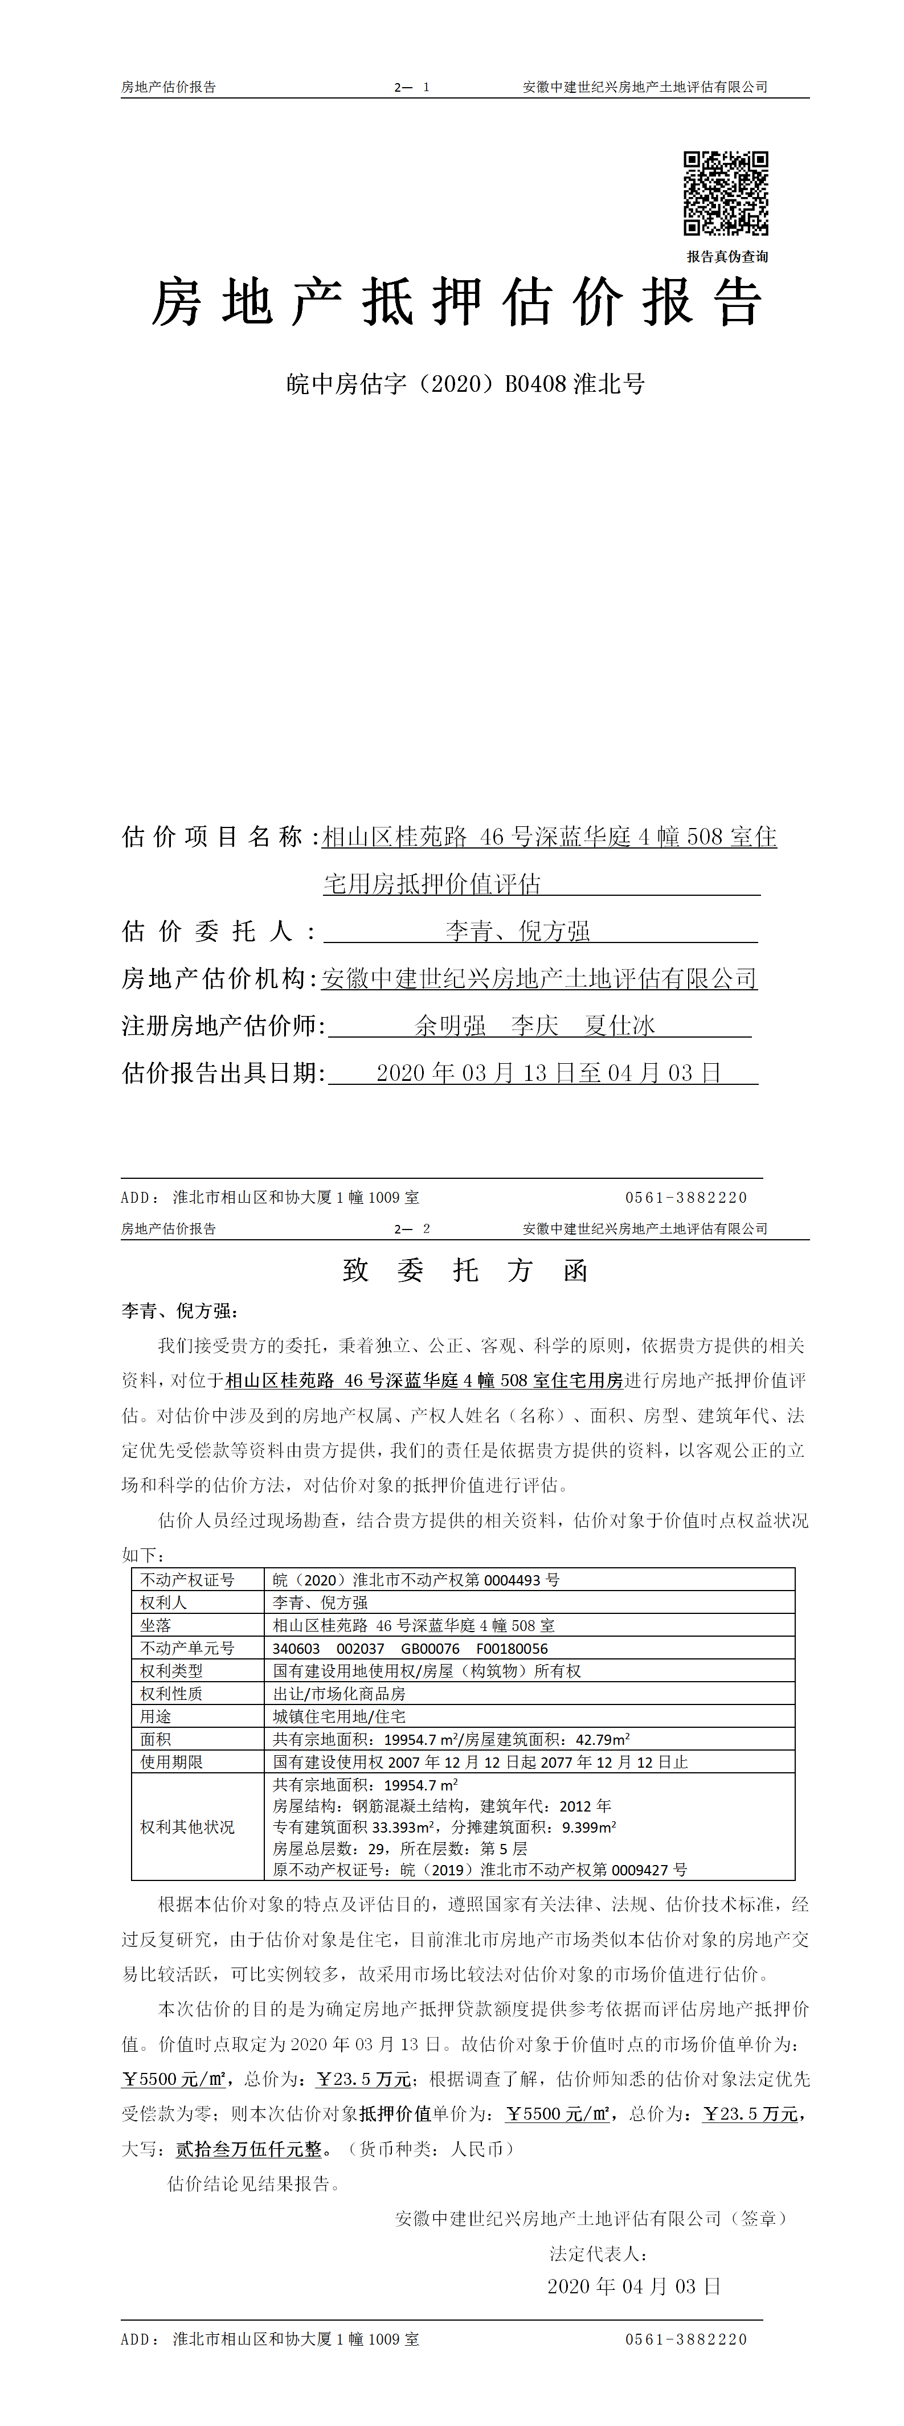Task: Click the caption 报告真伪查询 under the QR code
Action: [x=727, y=256]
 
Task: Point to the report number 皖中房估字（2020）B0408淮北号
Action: [x=465, y=384]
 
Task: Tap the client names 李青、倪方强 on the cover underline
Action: [x=517, y=932]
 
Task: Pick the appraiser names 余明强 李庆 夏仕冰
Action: [x=535, y=1026]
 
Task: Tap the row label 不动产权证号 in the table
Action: [x=187, y=1579]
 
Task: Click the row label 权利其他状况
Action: [x=187, y=1826]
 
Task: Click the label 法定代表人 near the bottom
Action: [x=598, y=2253]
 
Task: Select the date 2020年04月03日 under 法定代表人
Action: [x=634, y=2286]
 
